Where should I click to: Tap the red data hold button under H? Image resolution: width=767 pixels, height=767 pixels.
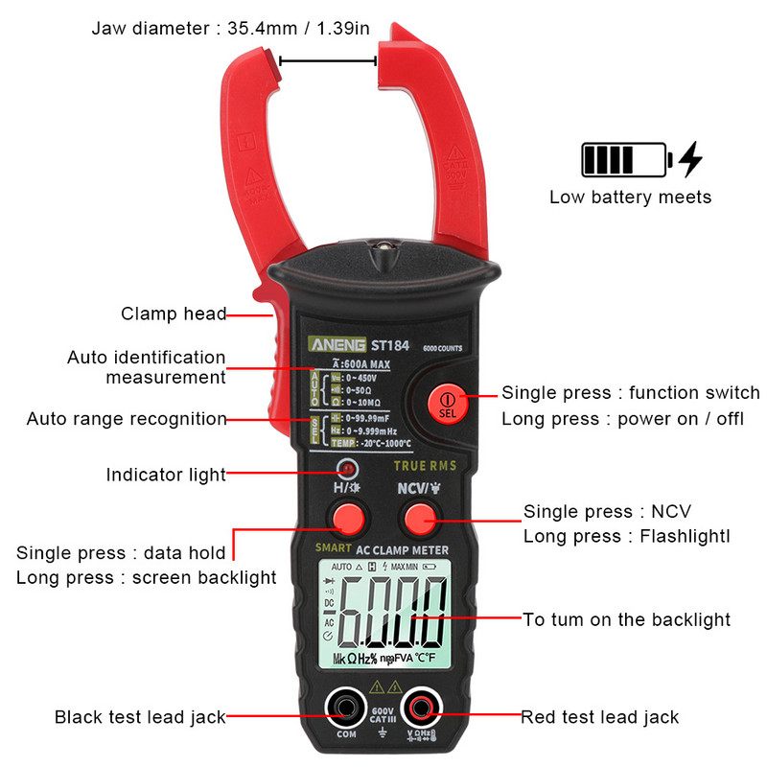[x=347, y=519]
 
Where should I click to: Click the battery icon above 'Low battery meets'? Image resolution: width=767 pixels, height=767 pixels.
[x=623, y=159]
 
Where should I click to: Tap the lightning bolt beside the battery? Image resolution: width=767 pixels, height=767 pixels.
[x=690, y=159]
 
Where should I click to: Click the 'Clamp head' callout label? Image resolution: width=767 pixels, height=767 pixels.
[x=174, y=314]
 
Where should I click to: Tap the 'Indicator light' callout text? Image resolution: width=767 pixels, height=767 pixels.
[x=166, y=475]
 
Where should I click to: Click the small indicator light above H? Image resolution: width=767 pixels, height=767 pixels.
[x=347, y=469]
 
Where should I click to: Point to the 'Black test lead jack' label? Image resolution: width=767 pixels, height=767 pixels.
[x=140, y=716]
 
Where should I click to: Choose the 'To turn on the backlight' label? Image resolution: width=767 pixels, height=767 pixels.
[x=626, y=619]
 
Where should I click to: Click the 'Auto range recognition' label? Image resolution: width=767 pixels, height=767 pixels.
[x=127, y=419]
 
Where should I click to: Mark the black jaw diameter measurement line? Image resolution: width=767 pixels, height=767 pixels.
[x=327, y=61]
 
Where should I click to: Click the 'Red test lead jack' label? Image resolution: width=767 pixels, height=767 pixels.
[x=599, y=716]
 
